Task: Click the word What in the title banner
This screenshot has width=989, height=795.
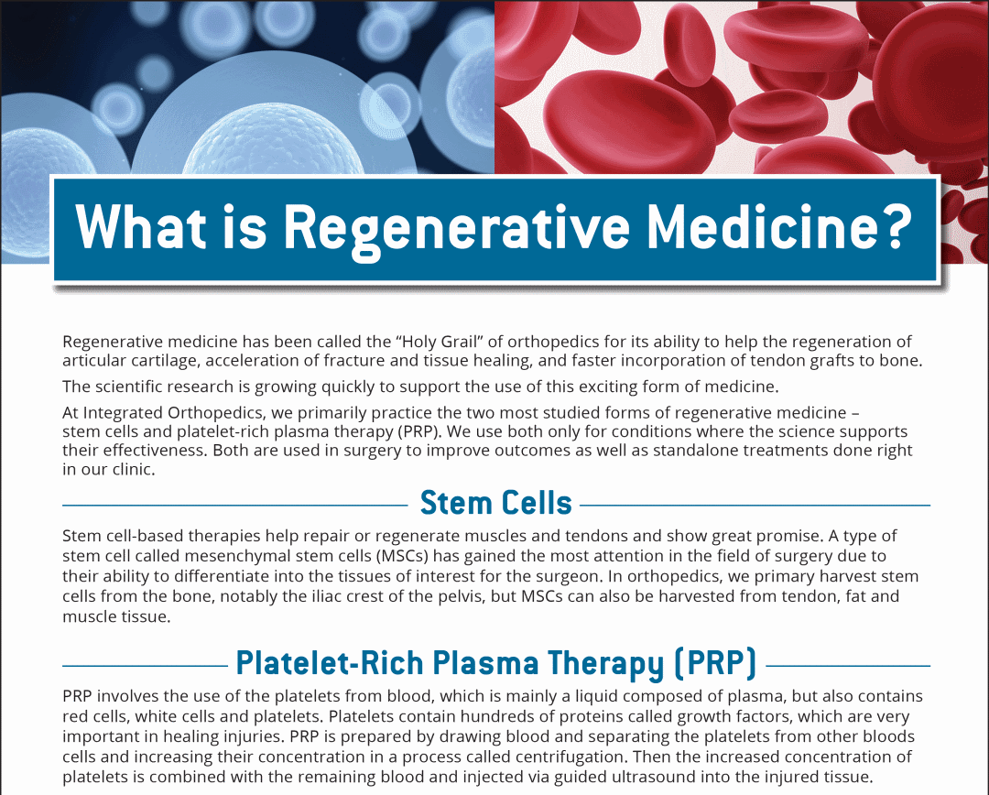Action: click(140, 226)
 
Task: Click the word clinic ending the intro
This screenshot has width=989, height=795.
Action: click(133, 469)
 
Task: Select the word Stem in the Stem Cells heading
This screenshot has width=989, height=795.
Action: click(449, 503)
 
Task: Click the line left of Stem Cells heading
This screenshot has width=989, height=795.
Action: click(235, 506)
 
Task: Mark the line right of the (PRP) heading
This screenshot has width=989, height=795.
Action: click(848, 665)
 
